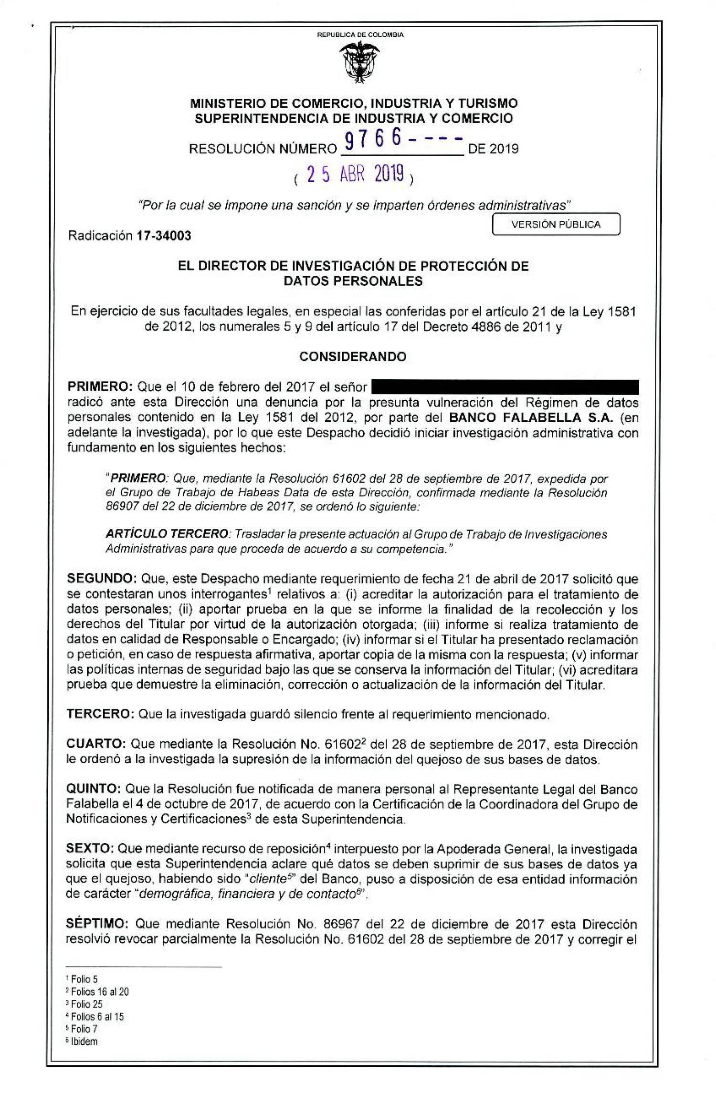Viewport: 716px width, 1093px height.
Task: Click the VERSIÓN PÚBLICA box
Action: point(556,225)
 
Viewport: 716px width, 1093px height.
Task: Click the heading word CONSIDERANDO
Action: point(353,356)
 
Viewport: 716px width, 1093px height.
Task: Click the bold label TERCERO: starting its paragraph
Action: point(101,714)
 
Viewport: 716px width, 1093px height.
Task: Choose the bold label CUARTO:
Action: point(97,744)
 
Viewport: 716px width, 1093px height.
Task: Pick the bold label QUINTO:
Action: point(97,789)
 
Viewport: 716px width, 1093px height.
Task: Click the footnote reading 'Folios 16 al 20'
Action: point(99,992)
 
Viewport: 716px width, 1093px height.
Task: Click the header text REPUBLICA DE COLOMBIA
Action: point(360,35)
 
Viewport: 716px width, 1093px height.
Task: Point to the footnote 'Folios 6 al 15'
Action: point(97,1017)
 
